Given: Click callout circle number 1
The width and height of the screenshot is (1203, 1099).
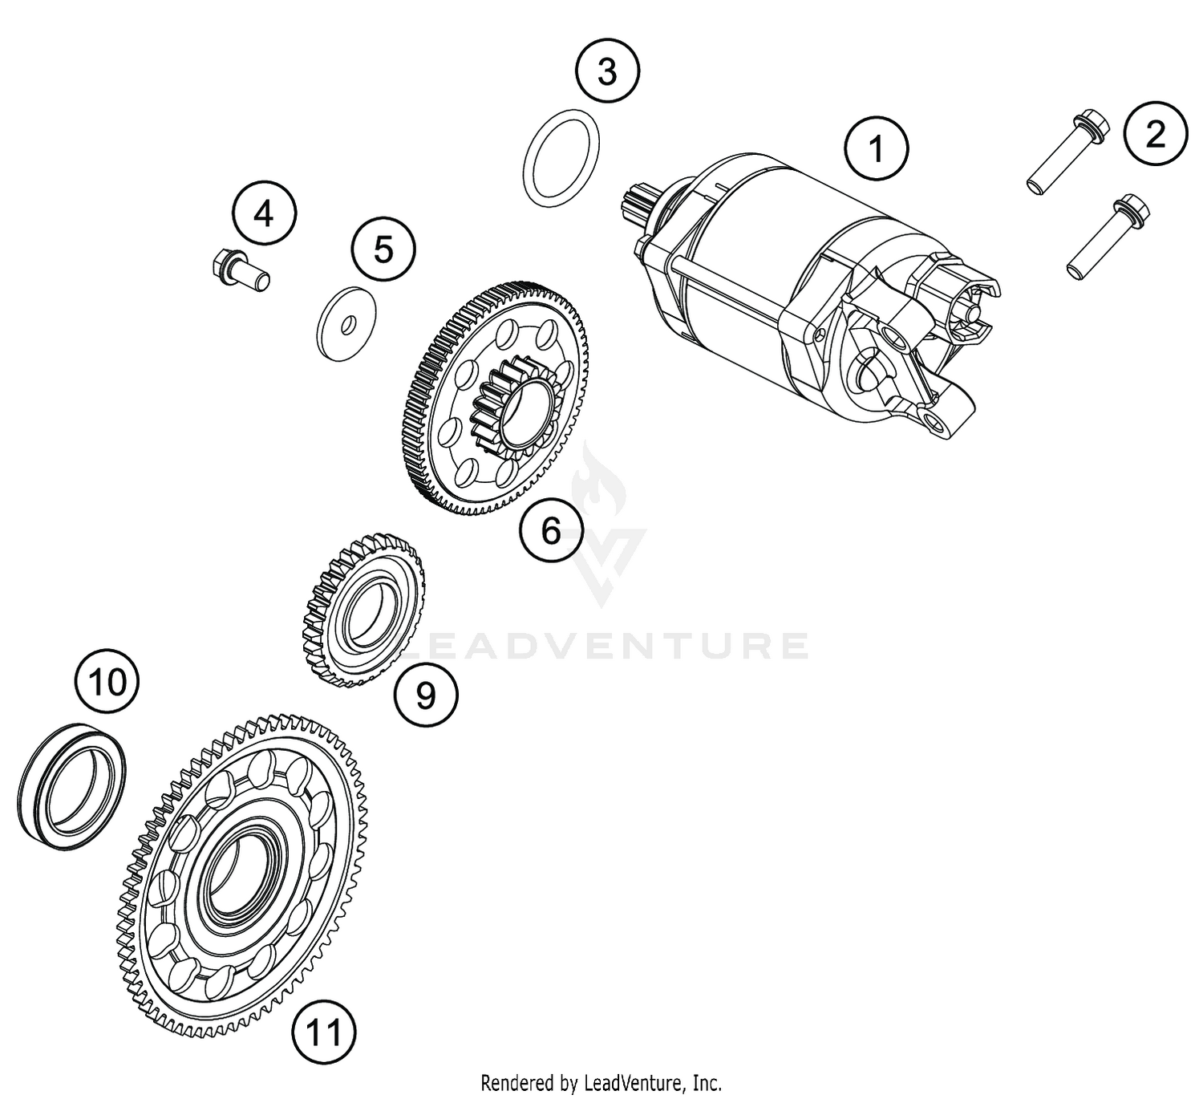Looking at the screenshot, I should click(877, 149).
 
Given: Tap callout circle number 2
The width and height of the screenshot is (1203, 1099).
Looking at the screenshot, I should click(1155, 135).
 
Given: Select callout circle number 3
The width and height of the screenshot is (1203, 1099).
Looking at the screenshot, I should click(607, 71).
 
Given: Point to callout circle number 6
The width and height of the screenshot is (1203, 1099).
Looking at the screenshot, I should click(551, 529).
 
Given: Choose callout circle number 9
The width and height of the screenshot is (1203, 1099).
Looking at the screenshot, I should click(426, 695).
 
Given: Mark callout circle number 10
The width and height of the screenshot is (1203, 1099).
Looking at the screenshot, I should click(107, 683).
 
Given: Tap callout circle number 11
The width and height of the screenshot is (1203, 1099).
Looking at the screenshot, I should click(324, 1033).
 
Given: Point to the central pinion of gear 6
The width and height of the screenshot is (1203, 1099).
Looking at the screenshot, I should click(514, 399).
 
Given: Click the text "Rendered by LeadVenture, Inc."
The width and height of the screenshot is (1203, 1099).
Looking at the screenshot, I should click(601, 1084).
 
